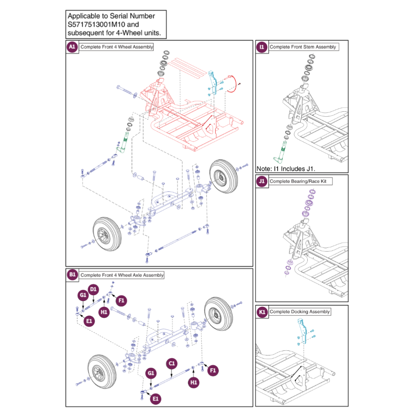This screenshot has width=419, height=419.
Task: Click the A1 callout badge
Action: (x=72, y=47)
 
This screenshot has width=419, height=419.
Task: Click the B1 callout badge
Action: (x=72, y=275)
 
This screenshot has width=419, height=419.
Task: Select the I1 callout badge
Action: (x=262, y=47)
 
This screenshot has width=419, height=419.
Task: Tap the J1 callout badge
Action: (x=262, y=181)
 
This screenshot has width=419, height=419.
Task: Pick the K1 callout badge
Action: (x=262, y=312)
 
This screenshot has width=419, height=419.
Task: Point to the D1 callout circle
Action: (x=93, y=289)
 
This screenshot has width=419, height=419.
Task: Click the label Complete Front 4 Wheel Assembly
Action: (x=116, y=47)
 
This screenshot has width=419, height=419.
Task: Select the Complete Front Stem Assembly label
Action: (x=303, y=47)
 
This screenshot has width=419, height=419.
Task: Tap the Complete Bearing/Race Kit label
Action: (x=301, y=181)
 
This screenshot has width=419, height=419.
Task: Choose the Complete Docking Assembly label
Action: (x=300, y=312)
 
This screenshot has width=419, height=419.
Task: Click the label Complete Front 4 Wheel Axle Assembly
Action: (x=122, y=275)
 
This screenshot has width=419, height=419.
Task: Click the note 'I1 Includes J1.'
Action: (x=286, y=169)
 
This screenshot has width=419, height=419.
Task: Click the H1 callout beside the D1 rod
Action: (x=104, y=312)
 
